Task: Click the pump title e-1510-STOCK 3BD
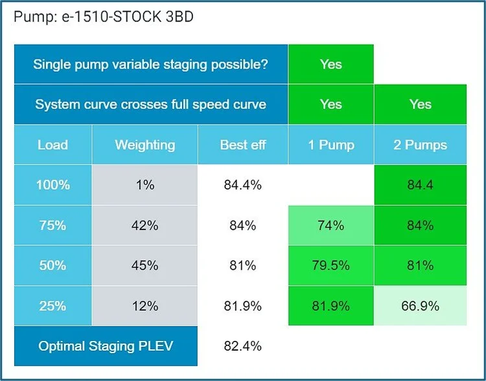click(x=103, y=17)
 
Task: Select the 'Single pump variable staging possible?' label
click(x=151, y=65)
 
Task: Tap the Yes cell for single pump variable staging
click(x=330, y=65)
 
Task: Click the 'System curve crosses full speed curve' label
click(x=151, y=104)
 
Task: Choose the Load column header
click(x=52, y=145)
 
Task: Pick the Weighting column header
click(x=145, y=145)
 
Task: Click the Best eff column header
click(x=243, y=145)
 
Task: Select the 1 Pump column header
click(x=330, y=145)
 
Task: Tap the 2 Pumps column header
click(x=420, y=145)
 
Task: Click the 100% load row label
click(x=52, y=185)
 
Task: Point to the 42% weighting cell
click(x=145, y=226)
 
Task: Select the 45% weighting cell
click(x=145, y=265)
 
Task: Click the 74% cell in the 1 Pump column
click(x=330, y=226)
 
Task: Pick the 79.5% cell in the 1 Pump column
click(x=330, y=265)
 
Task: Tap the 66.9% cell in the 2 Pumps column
click(x=420, y=305)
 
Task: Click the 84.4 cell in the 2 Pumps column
click(x=420, y=185)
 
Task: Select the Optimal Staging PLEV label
click(x=106, y=346)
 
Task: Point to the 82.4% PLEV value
click(x=243, y=346)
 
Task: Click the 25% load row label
click(x=52, y=305)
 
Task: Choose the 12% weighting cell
click(x=145, y=305)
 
